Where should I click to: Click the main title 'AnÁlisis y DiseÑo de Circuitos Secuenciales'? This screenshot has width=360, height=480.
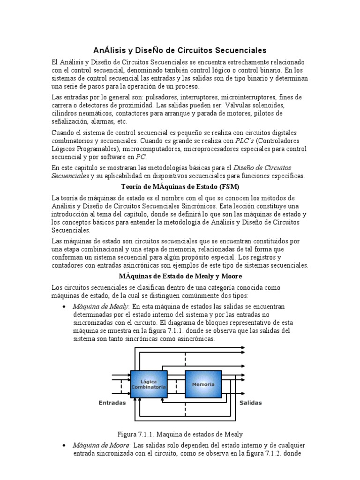pos(180,50)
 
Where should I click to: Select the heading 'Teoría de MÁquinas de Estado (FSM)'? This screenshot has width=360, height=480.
pos(180,187)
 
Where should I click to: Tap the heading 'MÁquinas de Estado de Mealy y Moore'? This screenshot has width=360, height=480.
pos(180,276)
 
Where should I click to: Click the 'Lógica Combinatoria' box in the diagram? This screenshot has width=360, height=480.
pos(148,384)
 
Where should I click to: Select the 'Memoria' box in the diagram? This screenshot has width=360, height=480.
pos(203,384)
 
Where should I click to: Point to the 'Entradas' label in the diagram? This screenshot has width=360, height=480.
pos(112,403)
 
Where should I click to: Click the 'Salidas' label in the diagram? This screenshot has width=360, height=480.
pos(251,403)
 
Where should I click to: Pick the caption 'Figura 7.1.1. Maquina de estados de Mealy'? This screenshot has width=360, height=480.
pos(180,434)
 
